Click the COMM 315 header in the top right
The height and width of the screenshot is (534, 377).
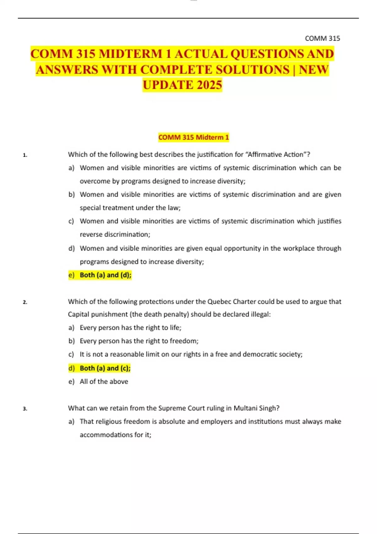click(x=322, y=38)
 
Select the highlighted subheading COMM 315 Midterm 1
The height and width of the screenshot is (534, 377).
click(x=194, y=137)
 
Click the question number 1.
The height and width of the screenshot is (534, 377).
click(x=25, y=155)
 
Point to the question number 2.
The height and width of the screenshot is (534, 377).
click(x=25, y=302)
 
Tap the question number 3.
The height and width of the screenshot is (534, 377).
click(x=25, y=409)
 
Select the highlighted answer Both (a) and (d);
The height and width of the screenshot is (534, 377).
click(x=105, y=275)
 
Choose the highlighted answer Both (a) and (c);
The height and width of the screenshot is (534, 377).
click(x=105, y=368)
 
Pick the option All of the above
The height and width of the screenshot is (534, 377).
click(x=104, y=382)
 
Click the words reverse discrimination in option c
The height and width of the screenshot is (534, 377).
click(x=115, y=235)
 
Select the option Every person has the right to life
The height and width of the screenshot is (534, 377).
click(x=130, y=328)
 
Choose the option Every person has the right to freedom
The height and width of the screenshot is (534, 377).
click(x=139, y=341)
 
